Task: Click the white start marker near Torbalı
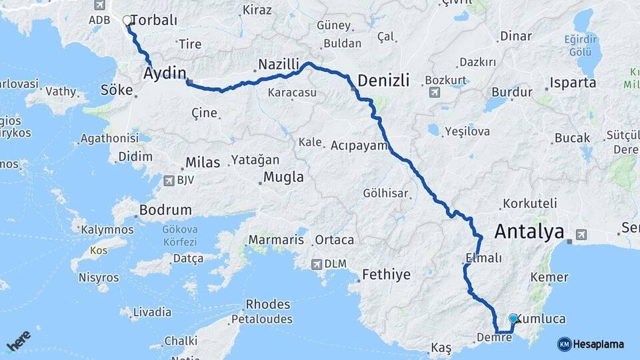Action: [127, 20]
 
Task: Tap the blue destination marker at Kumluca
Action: [513, 319]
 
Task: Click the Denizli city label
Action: [387, 81]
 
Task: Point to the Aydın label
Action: [164, 74]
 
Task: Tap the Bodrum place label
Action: [165, 210]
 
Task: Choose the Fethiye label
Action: [386, 274]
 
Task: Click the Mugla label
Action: [283, 177]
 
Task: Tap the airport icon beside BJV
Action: [169, 180]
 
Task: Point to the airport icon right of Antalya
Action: [581, 234]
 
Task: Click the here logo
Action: [18, 341]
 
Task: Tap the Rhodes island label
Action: [268, 305]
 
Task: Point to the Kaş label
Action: [441, 348]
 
